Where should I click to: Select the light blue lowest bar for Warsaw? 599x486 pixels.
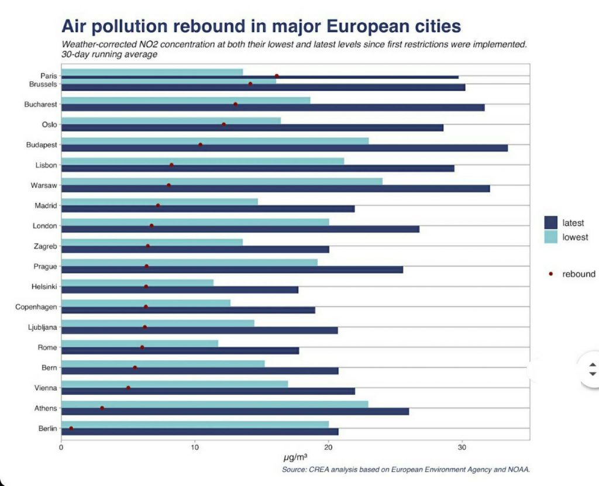222,181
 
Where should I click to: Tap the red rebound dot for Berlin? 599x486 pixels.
71,428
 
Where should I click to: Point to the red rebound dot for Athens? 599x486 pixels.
102,408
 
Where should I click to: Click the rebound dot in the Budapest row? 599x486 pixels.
201,144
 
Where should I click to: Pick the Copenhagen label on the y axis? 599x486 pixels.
36,306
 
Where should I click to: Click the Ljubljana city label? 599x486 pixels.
41,327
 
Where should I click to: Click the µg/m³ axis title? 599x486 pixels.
295,456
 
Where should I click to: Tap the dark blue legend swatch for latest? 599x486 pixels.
551,223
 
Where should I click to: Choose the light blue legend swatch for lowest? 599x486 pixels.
551,237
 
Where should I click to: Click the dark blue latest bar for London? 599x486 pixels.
240,229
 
